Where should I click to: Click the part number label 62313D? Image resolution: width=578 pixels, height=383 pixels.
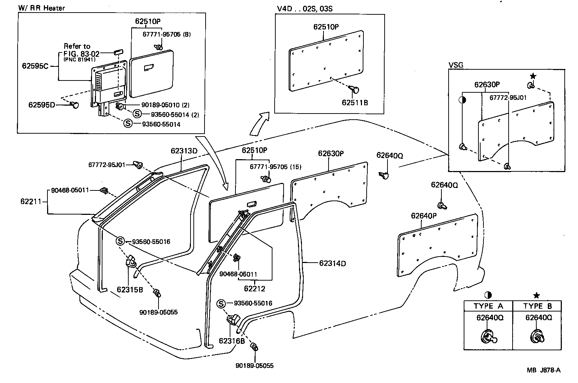(x=184, y=151)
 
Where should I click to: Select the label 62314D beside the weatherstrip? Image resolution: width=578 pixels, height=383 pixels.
(x=332, y=263)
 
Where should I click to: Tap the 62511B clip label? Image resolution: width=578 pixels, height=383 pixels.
(x=355, y=103)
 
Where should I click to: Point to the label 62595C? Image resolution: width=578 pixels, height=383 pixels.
(x=35, y=66)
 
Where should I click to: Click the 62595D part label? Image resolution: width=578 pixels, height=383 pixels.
(x=42, y=105)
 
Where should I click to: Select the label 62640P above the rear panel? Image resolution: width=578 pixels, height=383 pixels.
(x=424, y=216)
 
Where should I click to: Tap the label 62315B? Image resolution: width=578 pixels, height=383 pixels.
(x=130, y=289)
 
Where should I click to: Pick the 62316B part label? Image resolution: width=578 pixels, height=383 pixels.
(x=232, y=341)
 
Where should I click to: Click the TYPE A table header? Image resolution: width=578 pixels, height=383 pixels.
(x=488, y=306)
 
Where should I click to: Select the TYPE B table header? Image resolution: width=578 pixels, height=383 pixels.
(x=537, y=306)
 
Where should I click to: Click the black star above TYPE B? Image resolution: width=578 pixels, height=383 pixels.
(x=537, y=295)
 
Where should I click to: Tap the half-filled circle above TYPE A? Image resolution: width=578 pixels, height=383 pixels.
(x=488, y=295)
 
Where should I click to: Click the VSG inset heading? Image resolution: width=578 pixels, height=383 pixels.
(x=456, y=65)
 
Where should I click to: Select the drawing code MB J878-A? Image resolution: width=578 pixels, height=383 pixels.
(x=543, y=370)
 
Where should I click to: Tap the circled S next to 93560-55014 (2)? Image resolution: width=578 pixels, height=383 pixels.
(x=137, y=114)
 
